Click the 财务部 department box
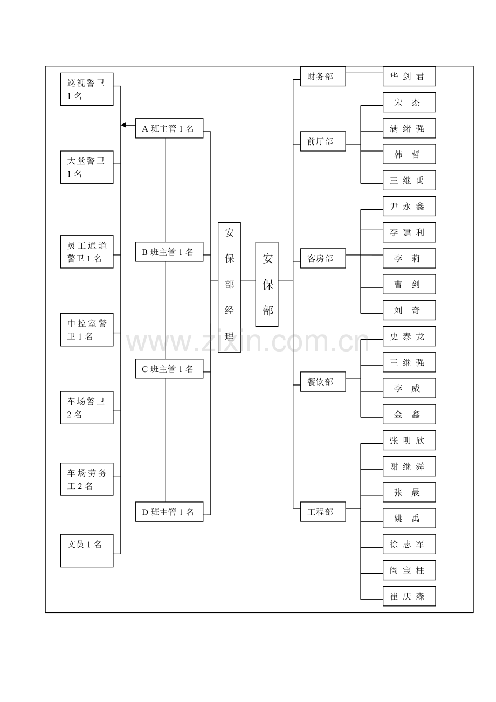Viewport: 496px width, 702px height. tap(323, 76)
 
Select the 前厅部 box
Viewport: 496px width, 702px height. tap(323, 141)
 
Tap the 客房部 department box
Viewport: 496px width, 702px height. tap(323, 258)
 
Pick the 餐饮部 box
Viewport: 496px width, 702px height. tap(323, 382)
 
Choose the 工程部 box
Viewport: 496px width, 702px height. tap(323, 512)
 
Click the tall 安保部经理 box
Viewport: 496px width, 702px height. tap(229, 287)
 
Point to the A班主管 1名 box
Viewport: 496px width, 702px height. tap(169, 128)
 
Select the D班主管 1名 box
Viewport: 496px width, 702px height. tap(169, 512)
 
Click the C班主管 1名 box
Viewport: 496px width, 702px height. tap(169, 369)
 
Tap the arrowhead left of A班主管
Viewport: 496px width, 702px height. tap(123, 125)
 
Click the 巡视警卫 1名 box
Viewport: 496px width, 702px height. tap(87, 90)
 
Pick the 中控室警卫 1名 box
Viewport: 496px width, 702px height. tap(87, 329)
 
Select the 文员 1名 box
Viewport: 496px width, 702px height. tap(87, 550)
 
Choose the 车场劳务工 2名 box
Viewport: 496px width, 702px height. tap(87, 479)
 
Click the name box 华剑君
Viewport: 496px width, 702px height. tap(409, 76)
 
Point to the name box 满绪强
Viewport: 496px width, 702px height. tap(409, 128)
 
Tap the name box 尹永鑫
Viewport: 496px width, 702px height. tap(409, 206)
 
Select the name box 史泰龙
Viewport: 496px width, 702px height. tap(409, 336)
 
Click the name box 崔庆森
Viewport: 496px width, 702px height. tap(409, 596)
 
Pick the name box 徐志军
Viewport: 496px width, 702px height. tap(409, 544)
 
